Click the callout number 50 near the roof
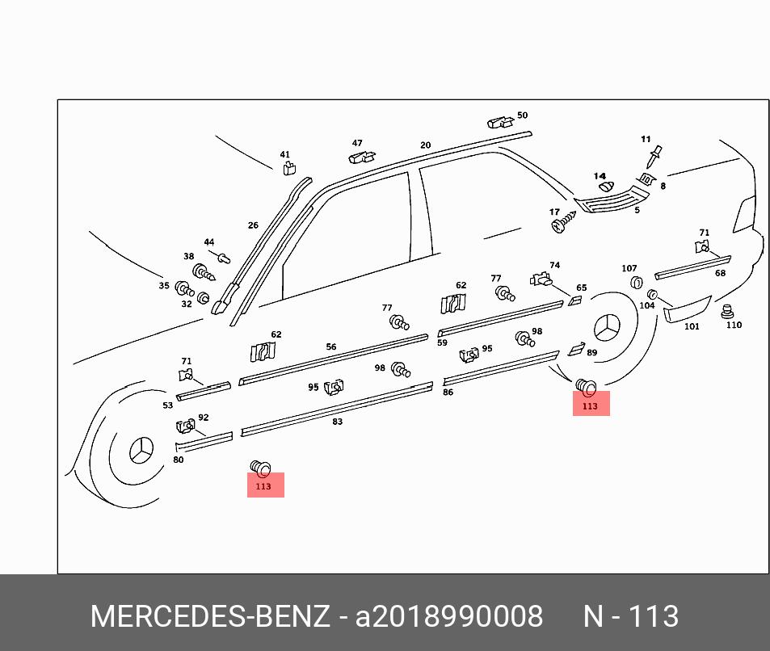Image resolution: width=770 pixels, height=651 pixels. pos(522,115)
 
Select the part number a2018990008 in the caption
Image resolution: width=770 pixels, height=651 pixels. pos(449,616)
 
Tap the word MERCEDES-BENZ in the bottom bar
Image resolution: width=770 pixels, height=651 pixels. pos(210,616)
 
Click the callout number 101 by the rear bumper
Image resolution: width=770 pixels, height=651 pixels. pos(692,327)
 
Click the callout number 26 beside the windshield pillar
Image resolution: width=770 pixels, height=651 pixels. pos(253,225)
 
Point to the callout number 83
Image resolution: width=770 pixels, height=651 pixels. pos(337,422)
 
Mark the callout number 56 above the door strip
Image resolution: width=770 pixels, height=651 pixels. pos(331,347)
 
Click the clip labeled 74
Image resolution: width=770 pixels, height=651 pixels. pos(541,279)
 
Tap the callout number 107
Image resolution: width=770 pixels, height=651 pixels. pos(629,268)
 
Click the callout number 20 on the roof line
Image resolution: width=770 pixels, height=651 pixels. pos(425,145)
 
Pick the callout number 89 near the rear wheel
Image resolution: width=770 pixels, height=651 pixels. pos(591,353)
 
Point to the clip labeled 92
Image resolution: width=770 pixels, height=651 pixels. pos(184,426)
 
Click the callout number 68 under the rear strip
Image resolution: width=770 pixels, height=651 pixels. pos(720,273)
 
